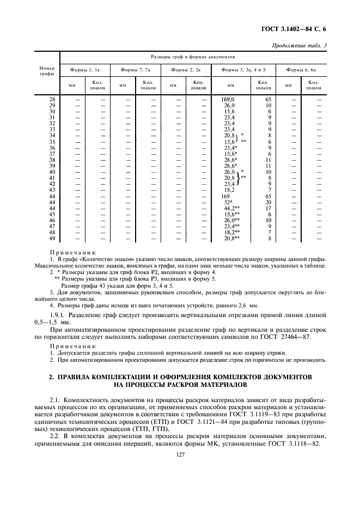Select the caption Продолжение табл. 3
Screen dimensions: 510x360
pos(299,45)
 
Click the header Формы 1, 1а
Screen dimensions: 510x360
pos(84,70)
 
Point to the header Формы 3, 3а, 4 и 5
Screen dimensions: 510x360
pos(243,70)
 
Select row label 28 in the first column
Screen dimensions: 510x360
pos(52,99)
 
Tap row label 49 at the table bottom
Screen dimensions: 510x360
pos(52,238)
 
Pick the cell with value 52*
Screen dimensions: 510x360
pos(228,202)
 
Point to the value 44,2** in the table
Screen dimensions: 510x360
pos(232,208)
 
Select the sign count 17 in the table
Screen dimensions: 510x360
pos(269,208)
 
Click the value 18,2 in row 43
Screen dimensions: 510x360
pos(229,190)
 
